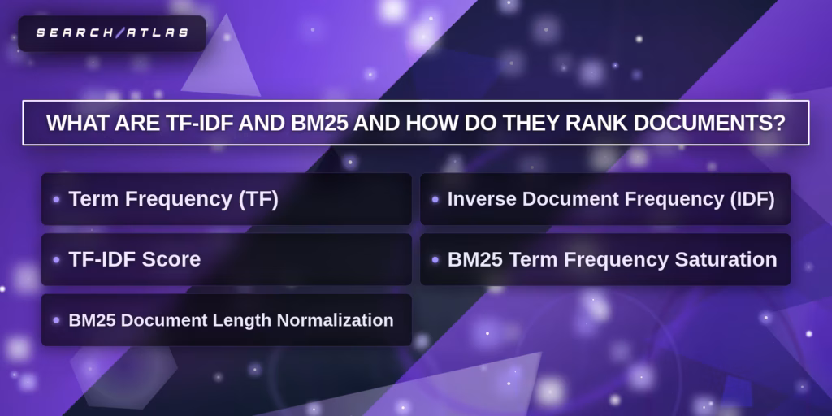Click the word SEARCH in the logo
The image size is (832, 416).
click(x=74, y=32)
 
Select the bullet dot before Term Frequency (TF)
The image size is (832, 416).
click(x=56, y=200)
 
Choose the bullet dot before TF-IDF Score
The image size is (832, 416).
click(x=56, y=260)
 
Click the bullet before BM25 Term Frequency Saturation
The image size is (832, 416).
click(x=435, y=260)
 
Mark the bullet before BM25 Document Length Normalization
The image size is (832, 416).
click(x=56, y=320)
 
